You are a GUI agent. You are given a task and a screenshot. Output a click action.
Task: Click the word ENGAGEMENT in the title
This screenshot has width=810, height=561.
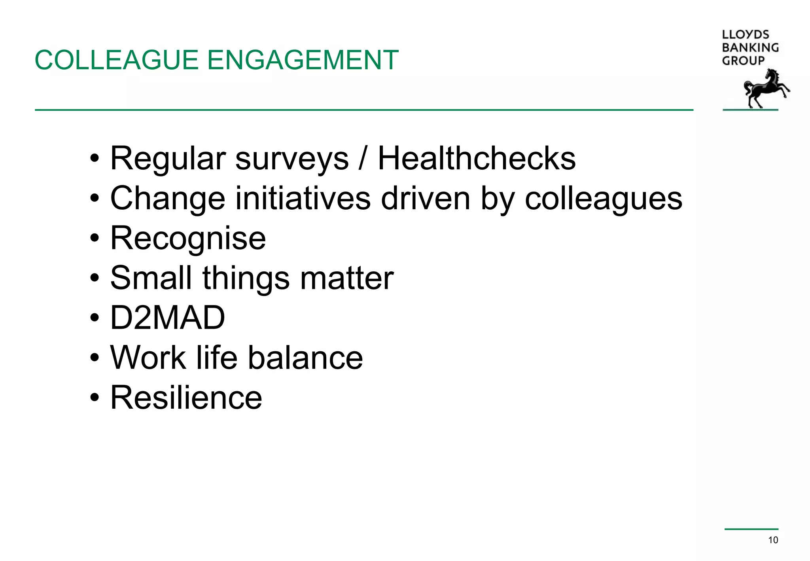click(303, 61)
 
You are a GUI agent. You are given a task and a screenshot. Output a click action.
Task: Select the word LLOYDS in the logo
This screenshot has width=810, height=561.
click(745, 35)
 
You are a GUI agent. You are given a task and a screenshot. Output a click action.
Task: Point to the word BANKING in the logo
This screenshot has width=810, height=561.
click(750, 48)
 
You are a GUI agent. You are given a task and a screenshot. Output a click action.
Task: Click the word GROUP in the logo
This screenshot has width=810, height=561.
click(743, 61)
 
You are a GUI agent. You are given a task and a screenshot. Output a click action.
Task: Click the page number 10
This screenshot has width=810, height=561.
click(773, 540)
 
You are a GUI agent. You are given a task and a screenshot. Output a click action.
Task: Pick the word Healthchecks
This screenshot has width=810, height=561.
click(477, 159)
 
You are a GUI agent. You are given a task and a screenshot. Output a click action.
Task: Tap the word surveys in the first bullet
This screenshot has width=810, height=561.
click(292, 159)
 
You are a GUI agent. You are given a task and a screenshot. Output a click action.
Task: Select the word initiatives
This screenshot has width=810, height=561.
click(303, 198)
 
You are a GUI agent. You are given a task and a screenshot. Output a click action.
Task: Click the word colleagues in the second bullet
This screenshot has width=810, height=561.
click(603, 199)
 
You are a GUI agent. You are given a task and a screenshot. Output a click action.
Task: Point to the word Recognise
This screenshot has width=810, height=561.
click(188, 239)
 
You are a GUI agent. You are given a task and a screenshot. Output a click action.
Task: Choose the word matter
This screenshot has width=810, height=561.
click(346, 278)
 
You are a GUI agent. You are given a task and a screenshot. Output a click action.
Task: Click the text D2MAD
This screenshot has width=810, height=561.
click(167, 318)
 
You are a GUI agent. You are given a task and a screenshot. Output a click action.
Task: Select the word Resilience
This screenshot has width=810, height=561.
click(186, 398)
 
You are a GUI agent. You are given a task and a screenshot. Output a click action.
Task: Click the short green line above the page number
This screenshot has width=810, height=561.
click(751, 529)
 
